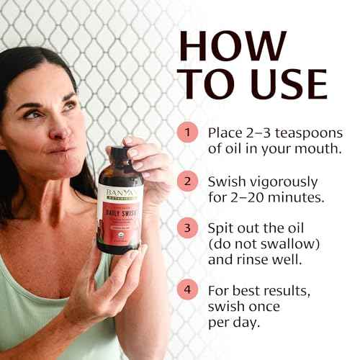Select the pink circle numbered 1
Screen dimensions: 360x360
[x=188, y=132]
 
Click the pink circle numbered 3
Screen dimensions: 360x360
[x=188, y=228]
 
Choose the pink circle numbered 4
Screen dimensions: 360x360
[x=188, y=292]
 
